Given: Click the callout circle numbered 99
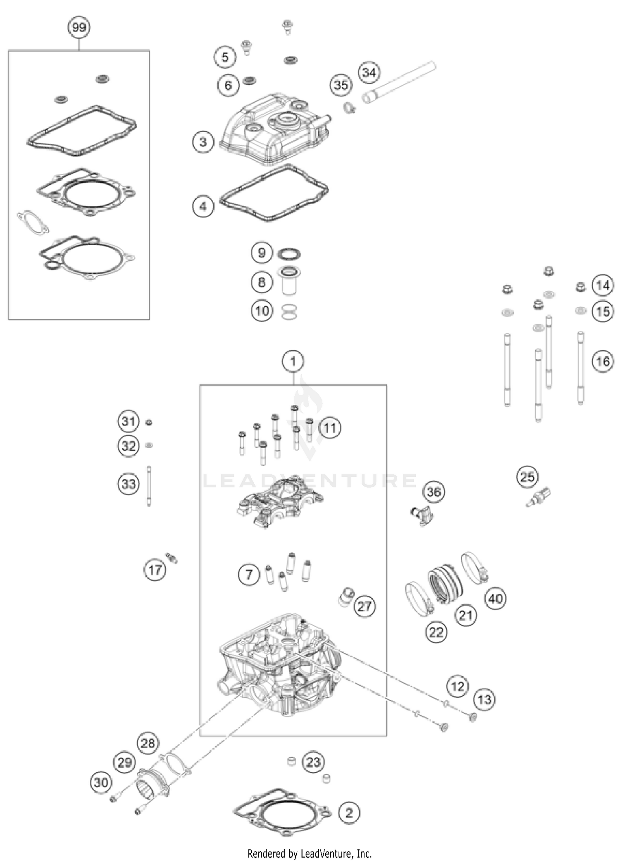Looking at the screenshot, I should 79,28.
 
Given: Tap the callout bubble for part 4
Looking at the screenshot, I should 203,206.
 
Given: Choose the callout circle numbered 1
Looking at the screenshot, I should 293,361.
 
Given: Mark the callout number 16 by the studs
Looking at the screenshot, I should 602,361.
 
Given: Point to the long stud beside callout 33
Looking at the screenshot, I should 149,485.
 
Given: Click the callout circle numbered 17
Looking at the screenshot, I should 155,570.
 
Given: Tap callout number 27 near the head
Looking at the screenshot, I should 364,607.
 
